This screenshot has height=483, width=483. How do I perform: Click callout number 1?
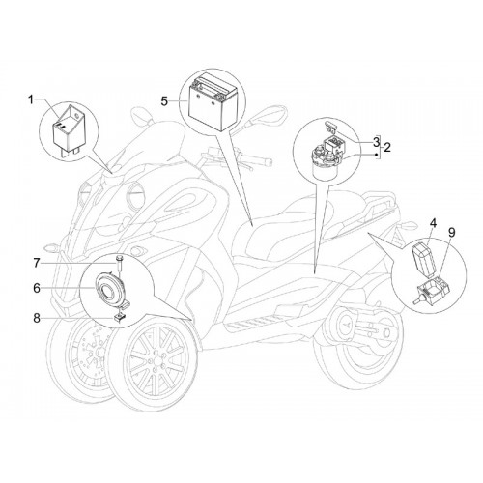pyautogui.click(x=31, y=100)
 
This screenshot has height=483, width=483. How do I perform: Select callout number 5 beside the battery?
pyautogui.click(x=164, y=101)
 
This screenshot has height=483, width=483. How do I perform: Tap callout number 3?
pyautogui.click(x=376, y=141)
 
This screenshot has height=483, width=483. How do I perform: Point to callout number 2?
pyautogui.click(x=387, y=148)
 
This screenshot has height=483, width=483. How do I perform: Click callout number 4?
pyautogui.click(x=433, y=223)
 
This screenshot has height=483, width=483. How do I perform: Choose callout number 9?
pyautogui.click(x=452, y=232)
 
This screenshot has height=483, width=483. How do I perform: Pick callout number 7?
pyautogui.click(x=37, y=263)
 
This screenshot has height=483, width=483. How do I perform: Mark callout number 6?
pyautogui.click(x=37, y=288)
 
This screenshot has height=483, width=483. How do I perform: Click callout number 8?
pyautogui.click(x=37, y=318)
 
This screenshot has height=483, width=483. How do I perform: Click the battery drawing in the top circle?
pyautogui.click(x=213, y=102)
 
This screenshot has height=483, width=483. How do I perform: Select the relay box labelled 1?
pyautogui.click(x=71, y=128)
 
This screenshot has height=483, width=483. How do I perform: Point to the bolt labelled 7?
pyautogui.click(x=120, y=263)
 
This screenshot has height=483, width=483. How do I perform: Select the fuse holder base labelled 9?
pyautogui.click(x=433, y=289)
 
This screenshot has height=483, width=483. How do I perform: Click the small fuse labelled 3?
pyautogui.click(x=330, y=128)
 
